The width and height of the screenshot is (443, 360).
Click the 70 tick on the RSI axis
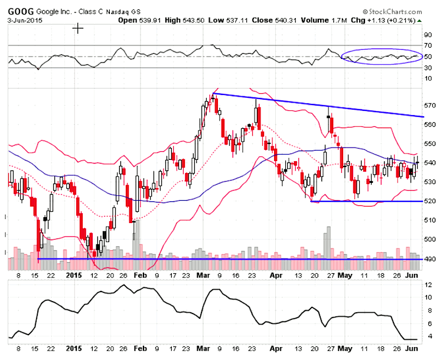click(x=428, y=45)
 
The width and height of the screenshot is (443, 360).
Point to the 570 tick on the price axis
click(x=430, y=106)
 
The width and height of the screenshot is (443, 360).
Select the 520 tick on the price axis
click(x=430, y=201)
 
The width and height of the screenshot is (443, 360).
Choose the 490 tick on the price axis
click(x=430, y=258)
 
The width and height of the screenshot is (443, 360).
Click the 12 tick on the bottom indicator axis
click(x=428, y=285)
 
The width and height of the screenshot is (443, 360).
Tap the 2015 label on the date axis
click(x=73, y=275)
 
